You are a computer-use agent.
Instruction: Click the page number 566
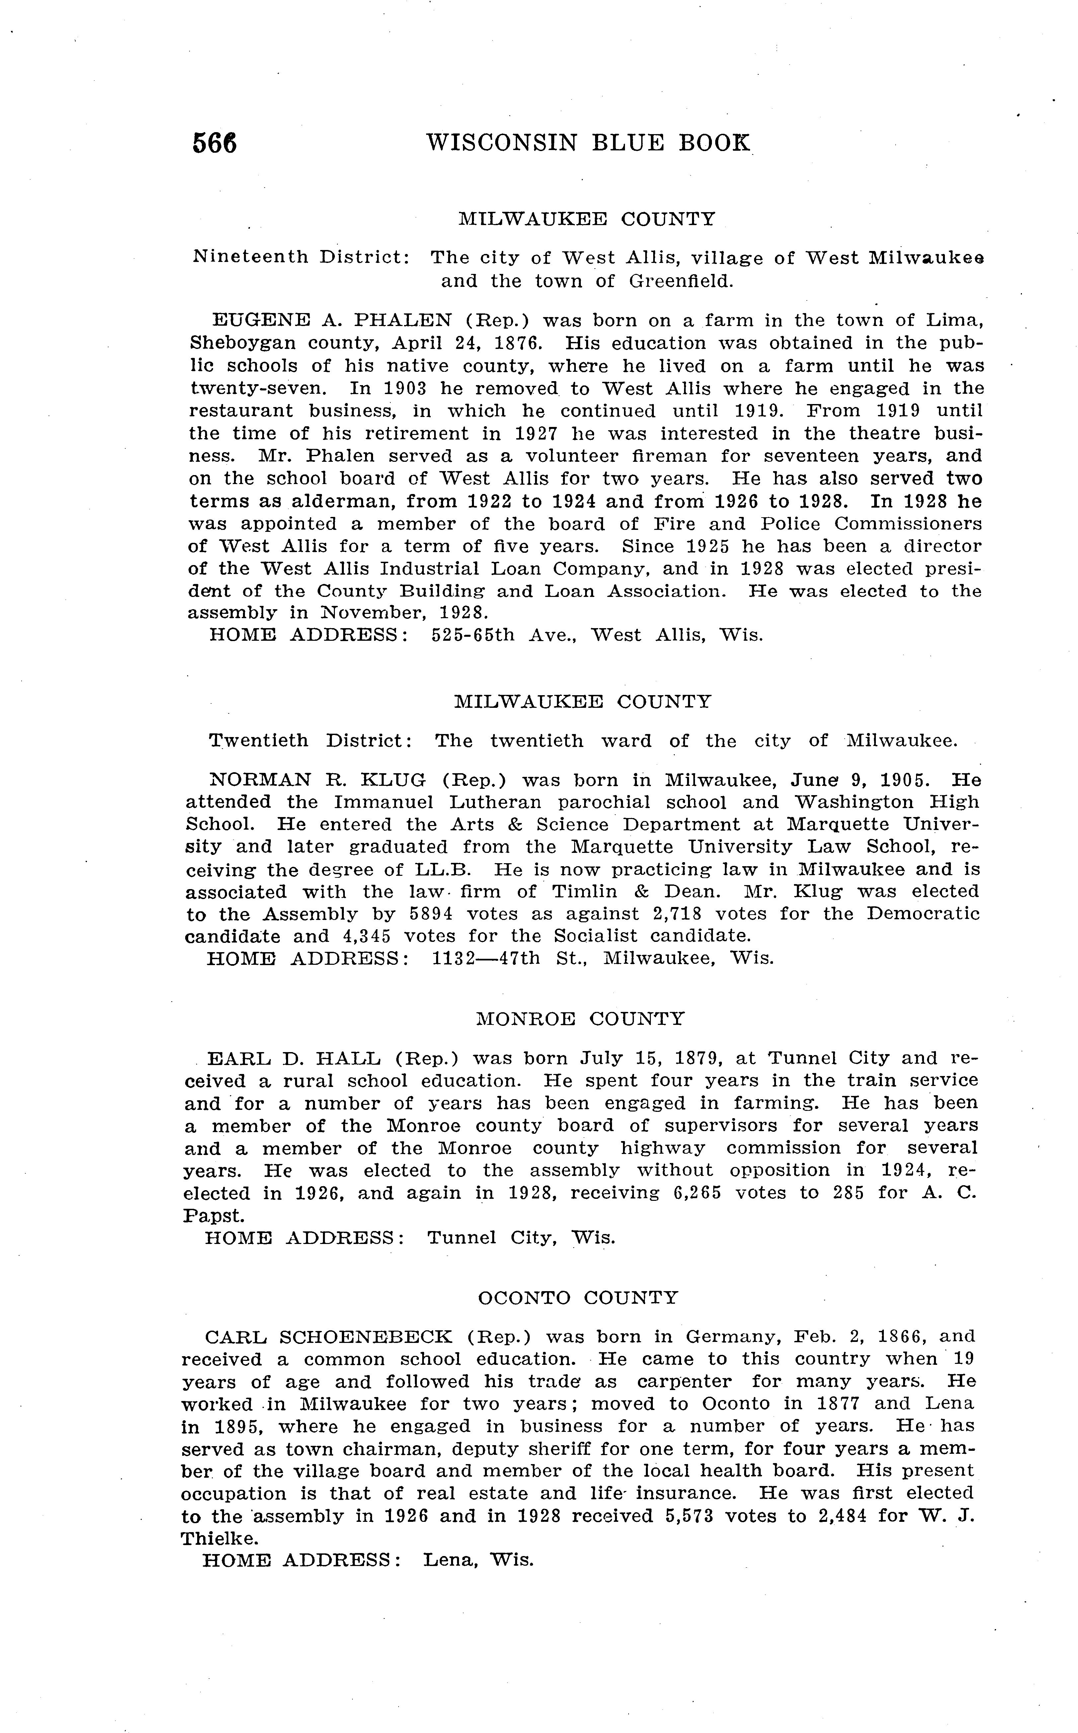[214, 143]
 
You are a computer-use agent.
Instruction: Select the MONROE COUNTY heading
[579, 1019]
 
